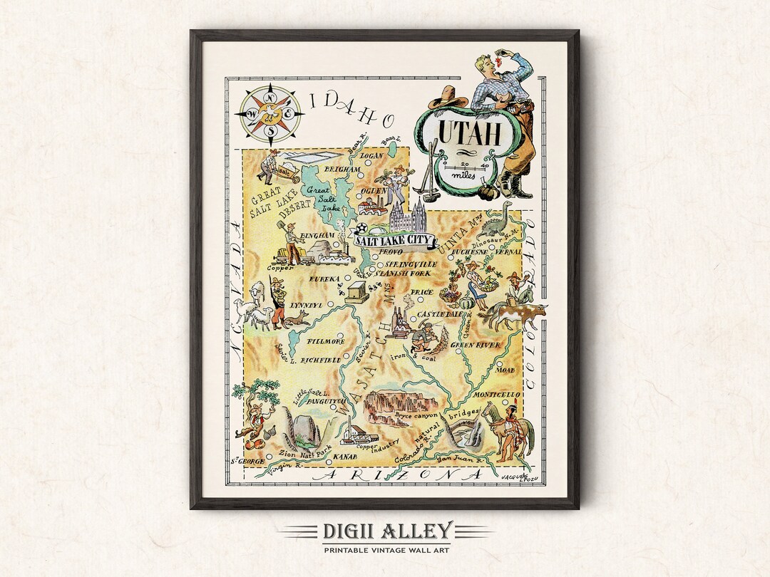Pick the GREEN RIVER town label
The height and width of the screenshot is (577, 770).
pyautogui.click(x=476, y=345)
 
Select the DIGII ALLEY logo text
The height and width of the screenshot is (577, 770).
pyautogui.click(x=386, y=531)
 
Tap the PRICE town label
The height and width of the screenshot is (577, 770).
pyautogui.click(x=422, y=293)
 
